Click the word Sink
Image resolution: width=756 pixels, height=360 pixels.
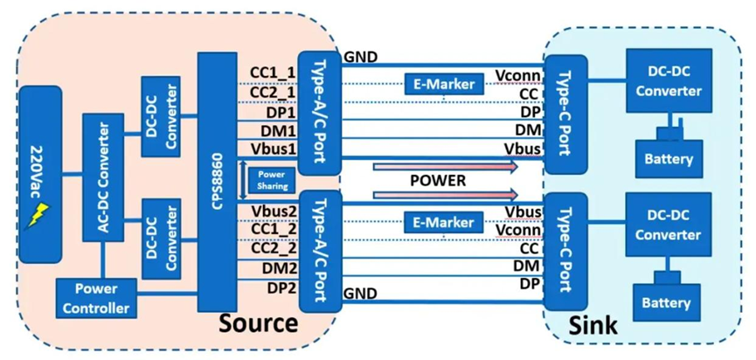tap(594, 326)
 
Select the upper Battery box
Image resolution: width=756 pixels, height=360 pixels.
tap(669, 159)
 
